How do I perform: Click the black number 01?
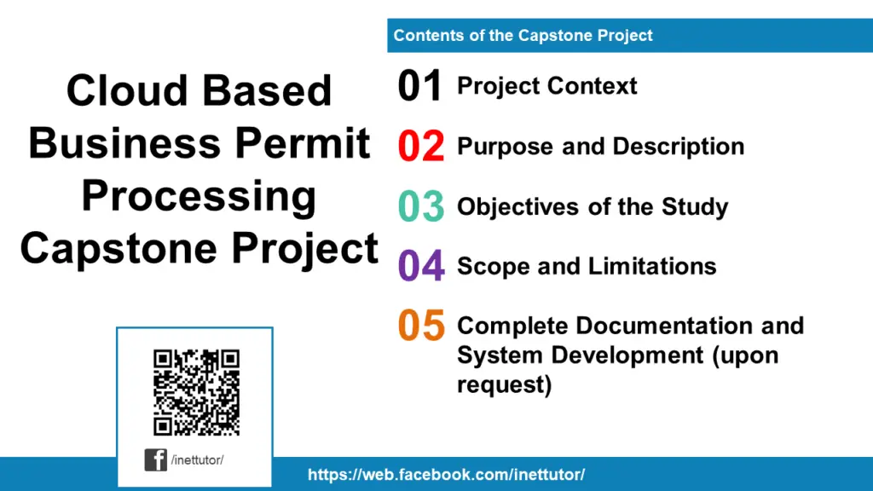(x=419, y=87)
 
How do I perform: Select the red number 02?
(x=421, y=147)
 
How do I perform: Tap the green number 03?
(x=421, y=207)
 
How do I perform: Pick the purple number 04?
(x=421, y=267)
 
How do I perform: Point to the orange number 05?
(x=421, y=326)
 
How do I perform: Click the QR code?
(x=196, y=391)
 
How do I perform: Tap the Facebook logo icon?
(x=156, y=459)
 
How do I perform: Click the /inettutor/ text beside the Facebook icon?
(x=197, y=460)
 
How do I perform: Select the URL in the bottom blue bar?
(x=446, y=475)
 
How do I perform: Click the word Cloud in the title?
(x=127, y=90)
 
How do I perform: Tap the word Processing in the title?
(x=199, y=196)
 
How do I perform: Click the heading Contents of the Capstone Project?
(x=523, y=36)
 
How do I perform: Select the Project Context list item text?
(x=546, y=86)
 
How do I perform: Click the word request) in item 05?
(x=504, y=384)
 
